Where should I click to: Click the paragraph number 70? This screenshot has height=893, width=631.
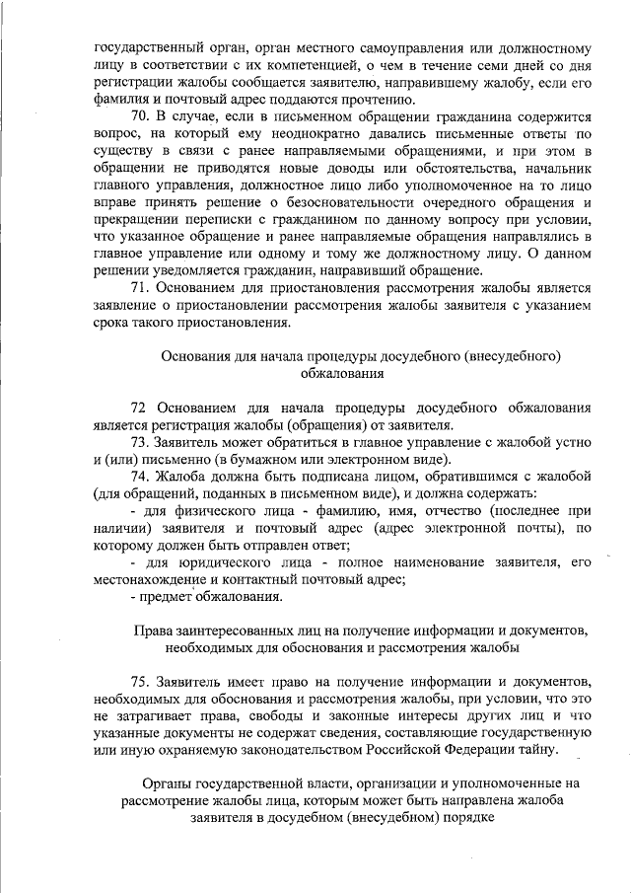tap(141, 117)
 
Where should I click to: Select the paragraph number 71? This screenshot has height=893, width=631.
tap(141, 288)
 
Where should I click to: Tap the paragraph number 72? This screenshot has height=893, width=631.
tap(140, 407)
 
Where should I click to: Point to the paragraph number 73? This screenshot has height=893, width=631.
tap(141, 442)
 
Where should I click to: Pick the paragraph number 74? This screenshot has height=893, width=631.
tap(141, 477)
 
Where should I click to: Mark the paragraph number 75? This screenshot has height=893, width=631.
tap(141, 679)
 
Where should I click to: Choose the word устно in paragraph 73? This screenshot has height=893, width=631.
tap(571, 442)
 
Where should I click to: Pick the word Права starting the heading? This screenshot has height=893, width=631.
tap(154, 632)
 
